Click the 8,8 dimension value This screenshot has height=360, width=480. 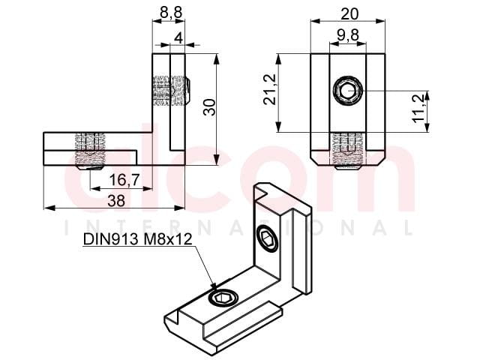[x=171, y=13]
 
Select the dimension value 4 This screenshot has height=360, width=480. [x=178, y=38]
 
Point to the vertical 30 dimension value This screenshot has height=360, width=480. [x=210, y=107]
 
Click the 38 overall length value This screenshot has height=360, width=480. [x=116, y=201]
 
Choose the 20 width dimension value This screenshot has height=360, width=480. [x=349, y=13]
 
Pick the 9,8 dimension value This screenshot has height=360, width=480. [x=348, y=35]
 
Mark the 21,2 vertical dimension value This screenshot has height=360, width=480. [x=270, y=90]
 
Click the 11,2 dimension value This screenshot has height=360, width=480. [x=418, y=108]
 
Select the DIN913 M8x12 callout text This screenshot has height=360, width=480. [x=137, y=239]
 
